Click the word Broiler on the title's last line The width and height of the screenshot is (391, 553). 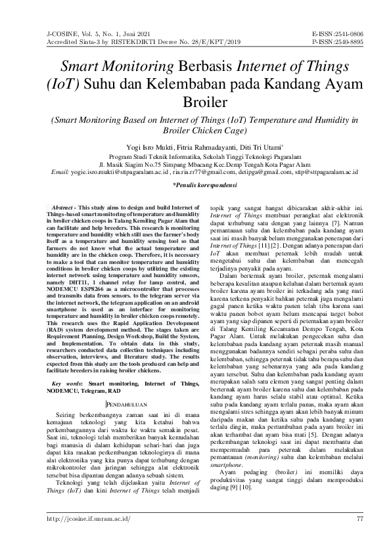(x=195, y=103)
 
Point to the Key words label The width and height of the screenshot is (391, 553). (x=66, y=382)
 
